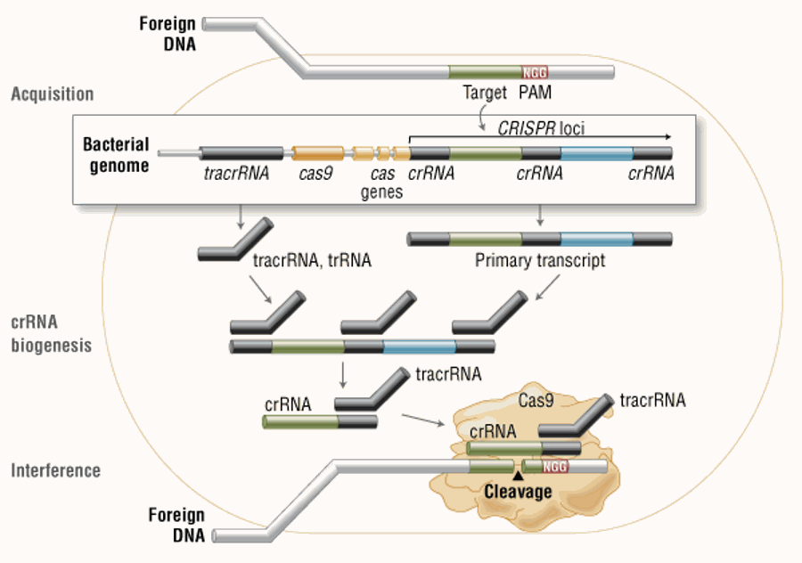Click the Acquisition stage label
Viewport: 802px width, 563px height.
coord(53,94)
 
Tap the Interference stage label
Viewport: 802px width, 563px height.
coord(56,470)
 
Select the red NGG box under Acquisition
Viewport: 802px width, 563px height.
coord(535,73)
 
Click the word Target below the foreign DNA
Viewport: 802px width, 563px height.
coord(485,93)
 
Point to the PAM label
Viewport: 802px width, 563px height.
coord(535,93)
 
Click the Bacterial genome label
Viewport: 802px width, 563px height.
coord(116,155)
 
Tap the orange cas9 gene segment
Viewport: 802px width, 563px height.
coord(317,153)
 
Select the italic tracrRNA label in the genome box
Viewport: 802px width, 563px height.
coord(236,174)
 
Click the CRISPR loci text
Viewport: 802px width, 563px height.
coord(541,128)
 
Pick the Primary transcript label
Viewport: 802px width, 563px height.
coord(540,260)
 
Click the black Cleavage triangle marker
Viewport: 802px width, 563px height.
coord(518,476)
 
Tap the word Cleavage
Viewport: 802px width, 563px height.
coord(518,492)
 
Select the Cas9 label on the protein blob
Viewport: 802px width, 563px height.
coord(536,400)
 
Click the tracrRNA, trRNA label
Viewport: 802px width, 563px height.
coord(312,260)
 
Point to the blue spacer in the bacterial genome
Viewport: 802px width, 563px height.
coord(597,153)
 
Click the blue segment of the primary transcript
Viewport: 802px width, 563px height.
coord(597,240)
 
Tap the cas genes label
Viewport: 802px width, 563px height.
coord(381,183)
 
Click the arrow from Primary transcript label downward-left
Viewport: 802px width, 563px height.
coord(547,288)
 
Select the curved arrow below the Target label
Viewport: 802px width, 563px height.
coord(482,118)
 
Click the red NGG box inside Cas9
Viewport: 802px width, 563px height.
coord(555,467)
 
